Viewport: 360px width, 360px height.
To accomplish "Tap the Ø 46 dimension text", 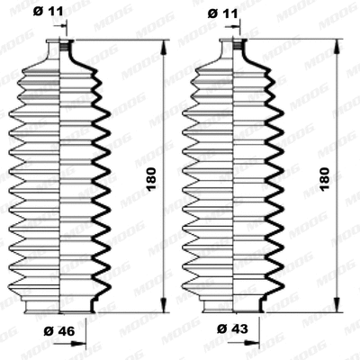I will (58, 331).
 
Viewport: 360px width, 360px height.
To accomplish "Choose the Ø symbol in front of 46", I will (49, 331).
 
